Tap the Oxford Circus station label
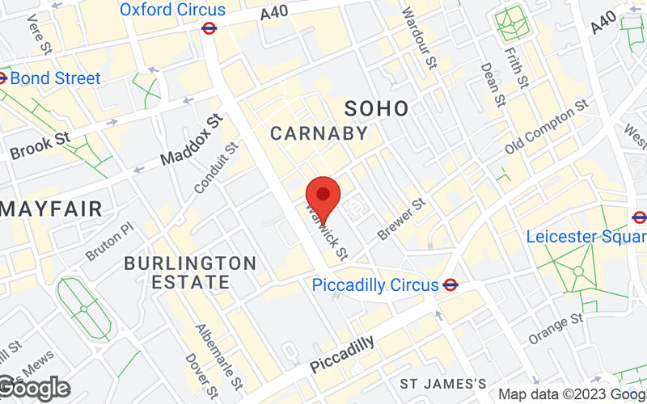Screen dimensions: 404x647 tap(172, 10)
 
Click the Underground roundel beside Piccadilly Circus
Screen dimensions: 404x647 tap(451, 284)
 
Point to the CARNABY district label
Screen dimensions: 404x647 tap(319, 133)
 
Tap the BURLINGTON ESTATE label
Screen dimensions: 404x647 tap(190, 272)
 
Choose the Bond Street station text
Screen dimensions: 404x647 tap(55, 78)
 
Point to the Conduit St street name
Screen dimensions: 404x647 tap(217, 168)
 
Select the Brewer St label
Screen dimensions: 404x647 tap(401, 221)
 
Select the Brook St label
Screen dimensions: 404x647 tap(40, 145)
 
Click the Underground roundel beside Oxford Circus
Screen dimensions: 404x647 tap(209, 27)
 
